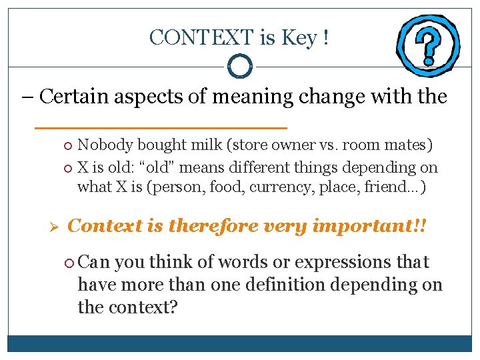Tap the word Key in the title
click(x=299, y=38)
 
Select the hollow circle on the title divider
click(x=239, y=66)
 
